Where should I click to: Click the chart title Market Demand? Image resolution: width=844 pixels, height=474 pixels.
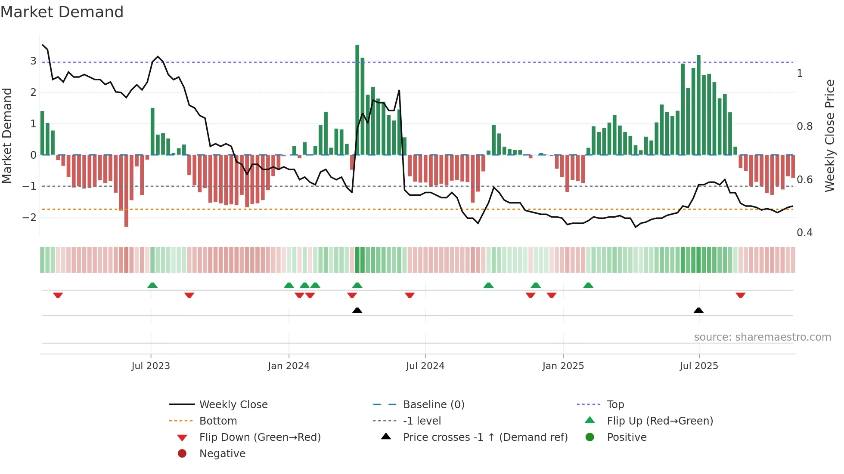click(x=62, y=12)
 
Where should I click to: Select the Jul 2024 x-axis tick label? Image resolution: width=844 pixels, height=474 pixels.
click(x=425, y=366)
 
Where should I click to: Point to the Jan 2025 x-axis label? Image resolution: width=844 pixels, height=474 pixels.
click(x=563, y=366)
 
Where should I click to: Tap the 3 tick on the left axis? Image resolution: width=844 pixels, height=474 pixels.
click(x=33, y=61)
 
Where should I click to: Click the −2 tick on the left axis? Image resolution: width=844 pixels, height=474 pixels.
click(x=30, y=218)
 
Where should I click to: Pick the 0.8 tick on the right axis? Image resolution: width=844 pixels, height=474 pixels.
click(x=804, y=126)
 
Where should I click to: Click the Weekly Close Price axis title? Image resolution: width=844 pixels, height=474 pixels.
click(x=829, y=135)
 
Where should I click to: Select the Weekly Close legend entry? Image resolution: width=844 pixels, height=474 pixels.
click(x=233, y=405)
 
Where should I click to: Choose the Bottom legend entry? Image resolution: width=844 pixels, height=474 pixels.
click(x=218, y=421)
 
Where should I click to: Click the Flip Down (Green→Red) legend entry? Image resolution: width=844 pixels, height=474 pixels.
click(x=260, y=437)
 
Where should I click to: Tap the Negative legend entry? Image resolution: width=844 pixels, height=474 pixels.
click(x=222, y=454)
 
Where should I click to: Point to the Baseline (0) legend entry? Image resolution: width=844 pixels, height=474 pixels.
click(x=433, y=405)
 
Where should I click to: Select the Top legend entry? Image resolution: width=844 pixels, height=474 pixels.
click(x=615, y=405)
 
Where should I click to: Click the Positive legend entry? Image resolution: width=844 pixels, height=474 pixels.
click(x=627, y=437)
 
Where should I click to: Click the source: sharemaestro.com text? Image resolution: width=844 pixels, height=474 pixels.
click(x=762, y=337)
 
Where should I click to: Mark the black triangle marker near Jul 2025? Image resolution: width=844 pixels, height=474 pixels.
click(x=698, y=311)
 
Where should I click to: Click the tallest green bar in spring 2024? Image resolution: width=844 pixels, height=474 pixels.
click(x=357, y=99)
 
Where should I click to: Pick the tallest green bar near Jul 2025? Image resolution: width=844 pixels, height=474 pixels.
click(x=698, y=105)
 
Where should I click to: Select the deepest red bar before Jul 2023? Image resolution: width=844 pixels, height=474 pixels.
click(x=126, y=191)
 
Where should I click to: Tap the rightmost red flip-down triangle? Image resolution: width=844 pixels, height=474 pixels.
click(x=740, y=295)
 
